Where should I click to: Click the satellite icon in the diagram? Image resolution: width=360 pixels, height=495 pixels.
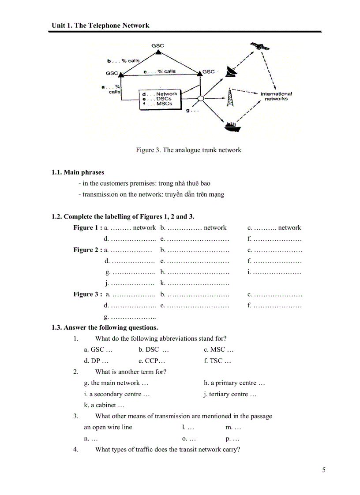(x=258, y=46)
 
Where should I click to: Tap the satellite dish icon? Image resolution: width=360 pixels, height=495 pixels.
(x=231, y=71)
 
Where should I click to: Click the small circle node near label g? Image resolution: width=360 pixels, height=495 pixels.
(x=200, y=99)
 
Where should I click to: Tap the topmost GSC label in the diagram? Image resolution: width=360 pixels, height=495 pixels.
(x=157, y=45)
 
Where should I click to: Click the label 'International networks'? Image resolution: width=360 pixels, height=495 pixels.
(x=276, y=96)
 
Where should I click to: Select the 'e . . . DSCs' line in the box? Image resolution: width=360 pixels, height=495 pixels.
(x=157, y=99)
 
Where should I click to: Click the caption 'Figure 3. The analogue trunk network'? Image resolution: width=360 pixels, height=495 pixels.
(x=188, y=150)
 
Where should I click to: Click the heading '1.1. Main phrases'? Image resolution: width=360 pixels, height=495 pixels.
(x=78, y=172)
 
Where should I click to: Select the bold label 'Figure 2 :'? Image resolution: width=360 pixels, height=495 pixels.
(x=87, y=250)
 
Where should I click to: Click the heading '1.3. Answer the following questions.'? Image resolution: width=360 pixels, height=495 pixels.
(x=105, y=328)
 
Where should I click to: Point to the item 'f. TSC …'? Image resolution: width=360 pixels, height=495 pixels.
(x=217, y=361)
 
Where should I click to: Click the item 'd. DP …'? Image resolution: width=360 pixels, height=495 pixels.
(x=96, y=361)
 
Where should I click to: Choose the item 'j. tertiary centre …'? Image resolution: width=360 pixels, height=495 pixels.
(x=230, y=394)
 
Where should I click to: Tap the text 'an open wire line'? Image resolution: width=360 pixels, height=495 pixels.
(x=108, y=427)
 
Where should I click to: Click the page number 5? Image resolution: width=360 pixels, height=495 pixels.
(x=324, y=470)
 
